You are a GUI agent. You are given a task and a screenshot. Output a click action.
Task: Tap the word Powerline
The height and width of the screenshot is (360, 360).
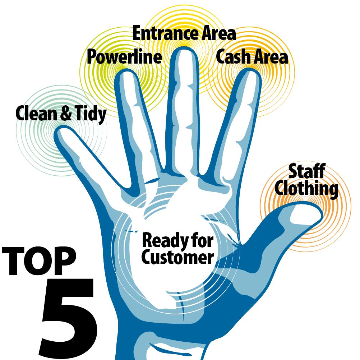click(x=124, y=57)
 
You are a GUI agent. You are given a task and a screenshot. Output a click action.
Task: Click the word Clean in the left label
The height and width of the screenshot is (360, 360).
click(x=36, y=113)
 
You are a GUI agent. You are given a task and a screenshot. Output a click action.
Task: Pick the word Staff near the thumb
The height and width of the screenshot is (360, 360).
click(x=307, y=171)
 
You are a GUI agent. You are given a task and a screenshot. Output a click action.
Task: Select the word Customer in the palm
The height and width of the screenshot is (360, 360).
click(x=178, y=257)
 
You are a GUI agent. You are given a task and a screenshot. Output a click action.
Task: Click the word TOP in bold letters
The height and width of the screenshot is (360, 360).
click(x=39, y=261)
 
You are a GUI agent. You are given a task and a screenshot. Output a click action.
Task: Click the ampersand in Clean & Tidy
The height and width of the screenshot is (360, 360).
click(x=66, y=113)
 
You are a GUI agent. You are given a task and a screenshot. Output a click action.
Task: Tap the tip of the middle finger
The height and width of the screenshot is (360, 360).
click(x=184, y=47)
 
